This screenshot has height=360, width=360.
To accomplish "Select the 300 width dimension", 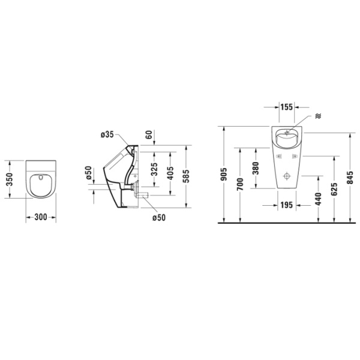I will point(41,217).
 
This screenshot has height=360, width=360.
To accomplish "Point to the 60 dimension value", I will point(149,134).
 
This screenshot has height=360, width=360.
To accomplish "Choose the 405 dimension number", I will point(170,174).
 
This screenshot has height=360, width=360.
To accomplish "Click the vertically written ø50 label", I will point(88,175).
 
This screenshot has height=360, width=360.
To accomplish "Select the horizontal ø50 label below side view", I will point(158,217).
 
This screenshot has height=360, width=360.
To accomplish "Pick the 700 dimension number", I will point(240,185).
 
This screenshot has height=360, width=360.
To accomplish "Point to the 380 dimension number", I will point(256,169).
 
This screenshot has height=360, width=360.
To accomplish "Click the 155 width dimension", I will point(286,107).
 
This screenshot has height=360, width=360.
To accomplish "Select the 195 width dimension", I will point(286,205).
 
